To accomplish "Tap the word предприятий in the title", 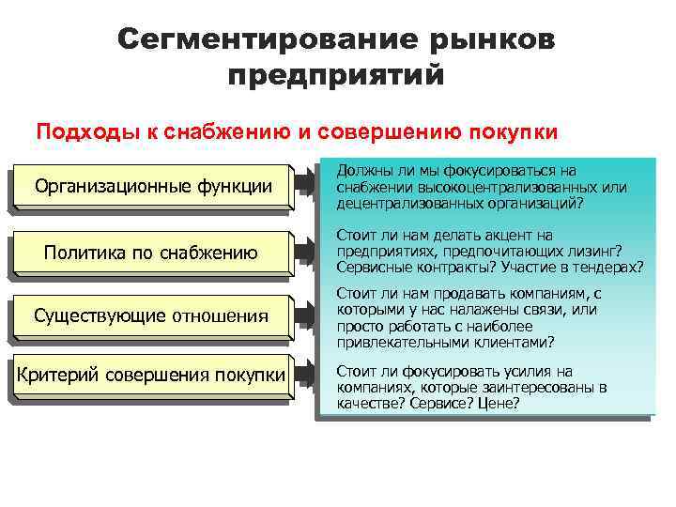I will [x=335, y=75].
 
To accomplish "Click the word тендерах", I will [x=611, y=267].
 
